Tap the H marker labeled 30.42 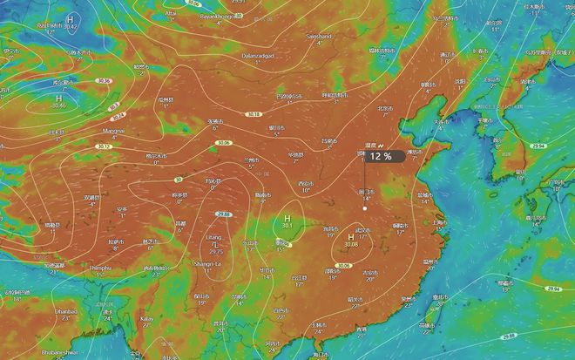pyautogui.click(x=71, y=19)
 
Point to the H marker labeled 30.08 pyautogui.click(x=351, y=237)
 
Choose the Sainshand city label pyautogui.click(x=318, y=37)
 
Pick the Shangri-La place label pyautogui.click(x=206, y=262)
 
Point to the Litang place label pyautogui.click(x=213, y=237)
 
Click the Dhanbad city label pyautogui.click(x=65, y=310)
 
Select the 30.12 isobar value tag pyautogui.click(x=103, y=146)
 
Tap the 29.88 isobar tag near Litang pyautogui.click(x=224, y=214)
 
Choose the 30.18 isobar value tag pyautogui.click(x=254, y=113)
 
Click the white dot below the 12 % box pyautogui.click(x=365, y=207)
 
